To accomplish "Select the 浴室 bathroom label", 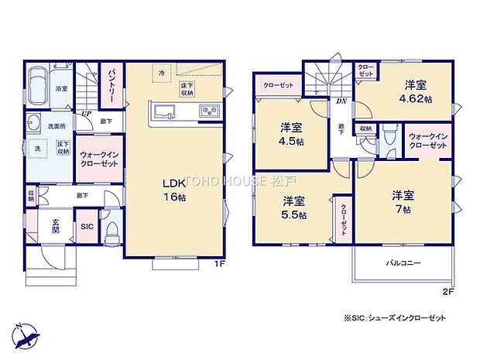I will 62,91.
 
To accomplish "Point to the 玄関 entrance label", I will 57,225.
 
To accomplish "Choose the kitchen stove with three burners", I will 210,111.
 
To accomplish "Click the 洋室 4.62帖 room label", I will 414,94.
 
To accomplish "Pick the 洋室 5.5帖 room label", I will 293,207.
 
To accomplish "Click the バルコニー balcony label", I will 403,263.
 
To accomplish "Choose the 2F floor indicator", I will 446,291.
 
